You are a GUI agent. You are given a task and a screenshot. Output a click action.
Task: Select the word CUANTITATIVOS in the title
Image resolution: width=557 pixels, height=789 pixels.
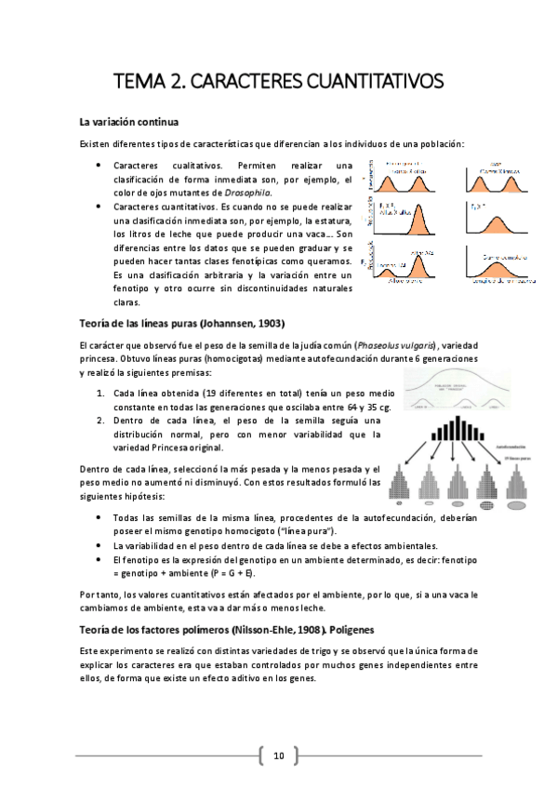376,81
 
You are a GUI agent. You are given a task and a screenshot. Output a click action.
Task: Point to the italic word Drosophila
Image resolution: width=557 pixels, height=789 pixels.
282,193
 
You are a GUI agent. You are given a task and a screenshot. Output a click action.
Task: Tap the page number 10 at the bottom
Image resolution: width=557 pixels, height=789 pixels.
278,755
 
